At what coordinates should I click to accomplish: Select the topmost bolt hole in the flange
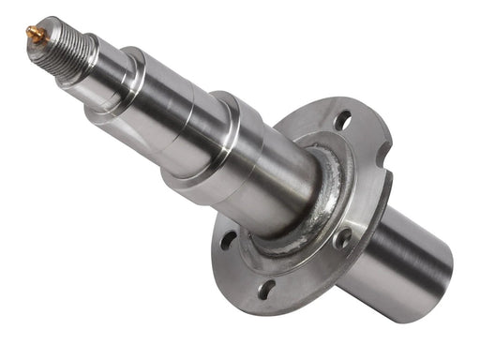point(342,121)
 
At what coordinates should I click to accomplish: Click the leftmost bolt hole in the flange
point(228,239)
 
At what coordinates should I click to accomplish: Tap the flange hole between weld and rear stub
point(341,238)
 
